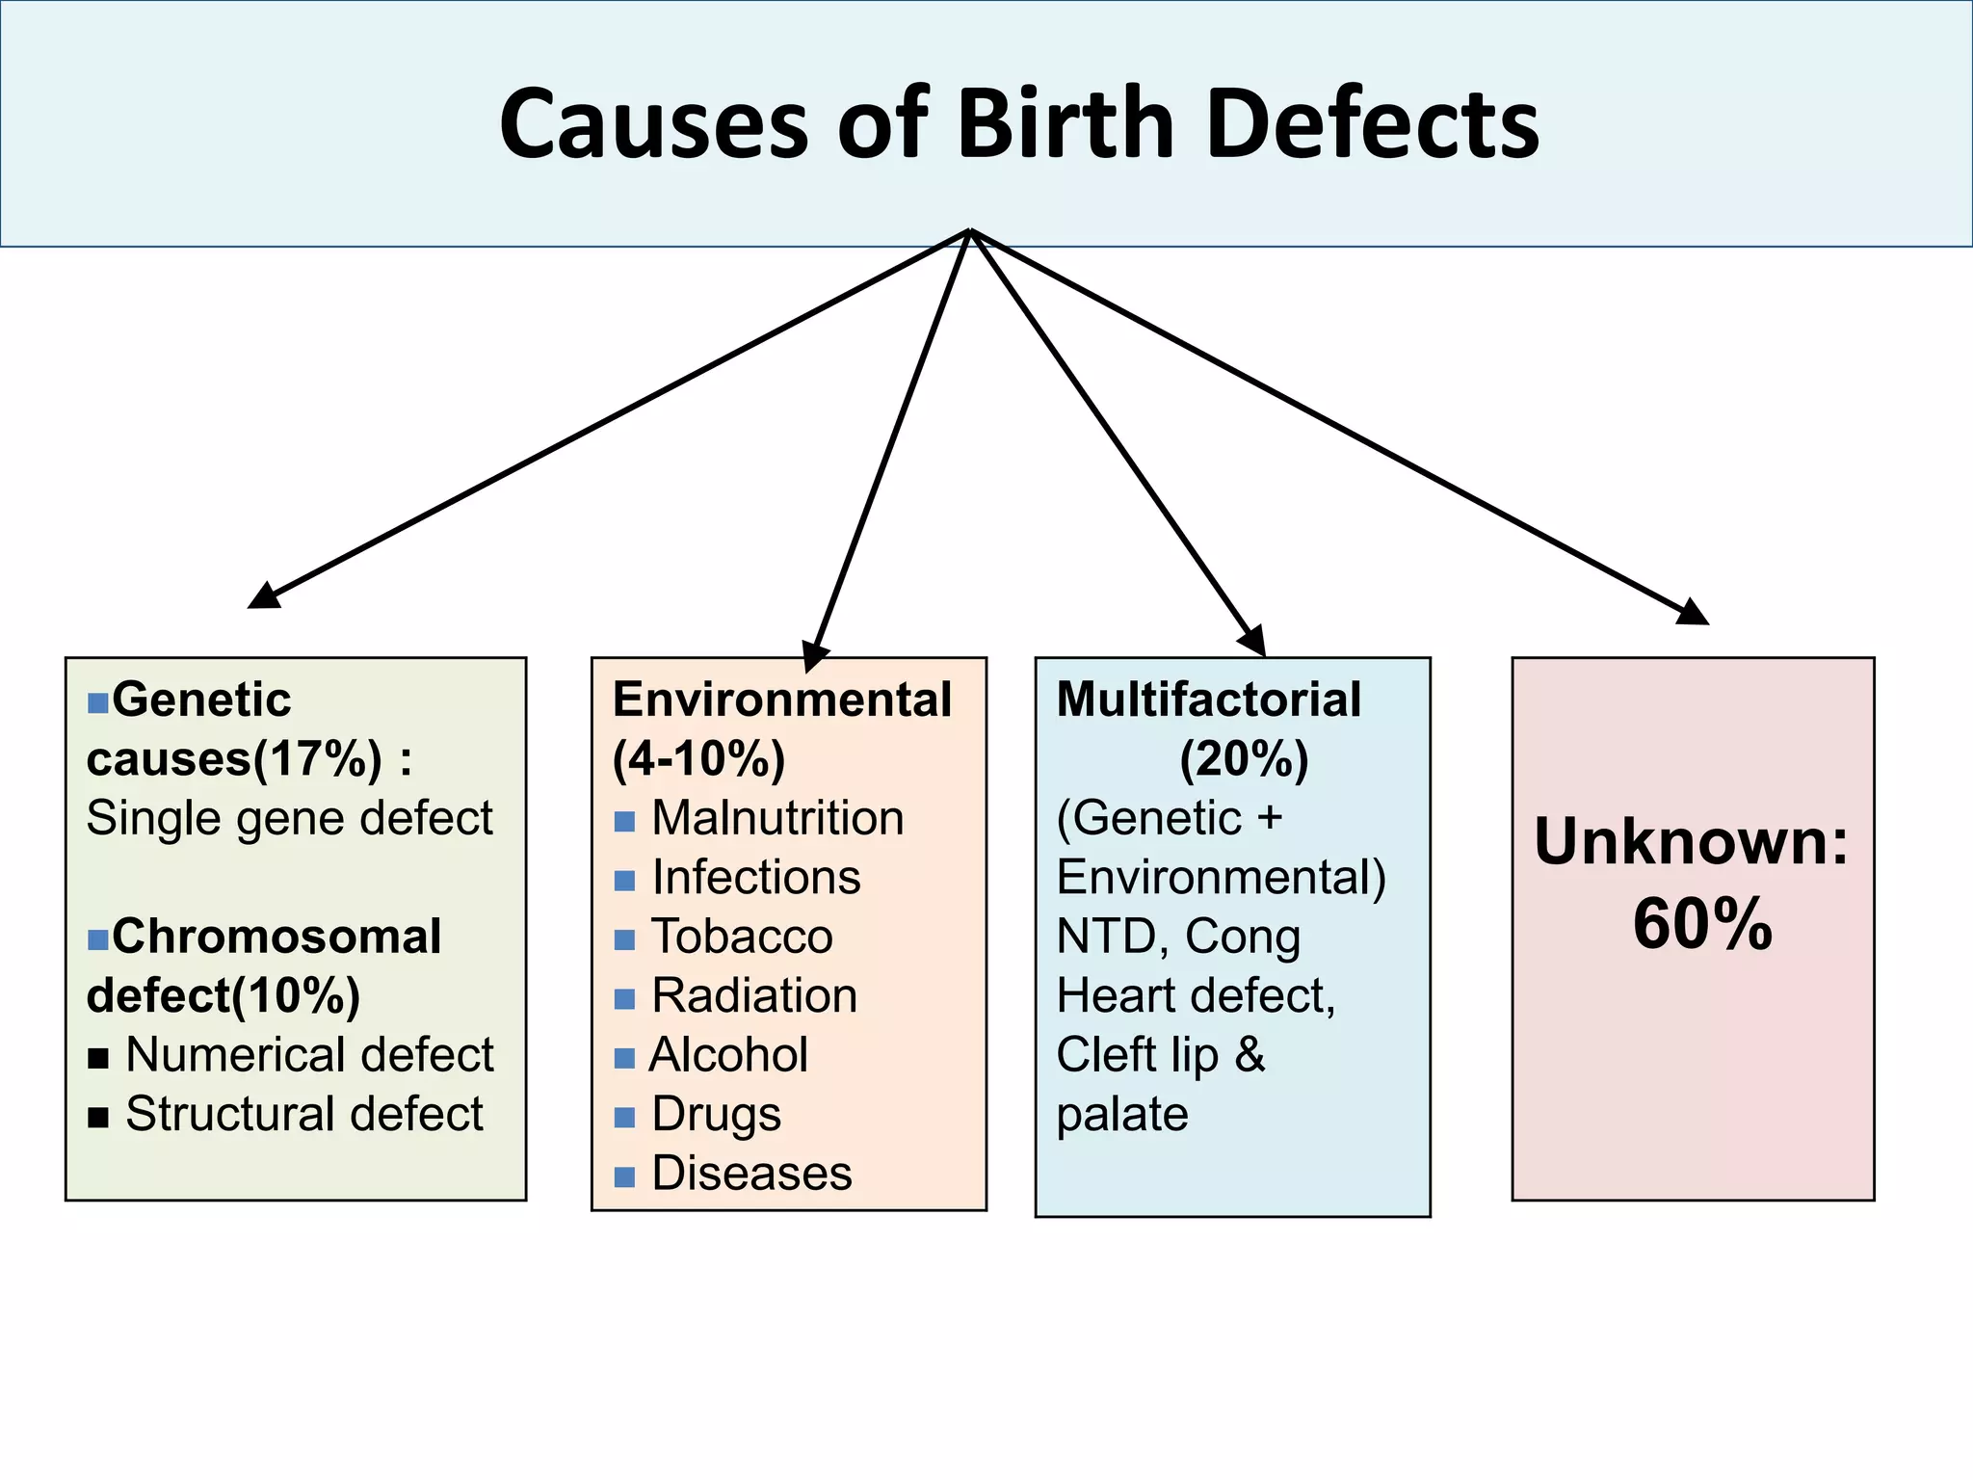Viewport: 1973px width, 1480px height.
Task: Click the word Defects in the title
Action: point(1372,125)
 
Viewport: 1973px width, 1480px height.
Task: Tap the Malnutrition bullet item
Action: point(777,819)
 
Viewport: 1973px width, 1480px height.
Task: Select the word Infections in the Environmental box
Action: point(756,878)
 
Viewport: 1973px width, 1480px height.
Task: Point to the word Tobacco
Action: point(742,937)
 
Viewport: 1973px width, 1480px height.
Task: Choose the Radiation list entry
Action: point(754,996)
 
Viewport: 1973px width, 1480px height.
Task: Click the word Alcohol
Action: point(729,1055)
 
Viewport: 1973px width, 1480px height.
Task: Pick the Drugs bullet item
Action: point(716,1115)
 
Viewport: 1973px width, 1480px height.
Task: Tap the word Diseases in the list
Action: point(751,1174)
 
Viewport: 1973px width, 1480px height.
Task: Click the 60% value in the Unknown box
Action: point(1702,925)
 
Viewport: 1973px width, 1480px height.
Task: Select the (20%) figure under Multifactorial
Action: point(1244,759)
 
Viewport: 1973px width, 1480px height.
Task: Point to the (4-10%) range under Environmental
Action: point(698,759)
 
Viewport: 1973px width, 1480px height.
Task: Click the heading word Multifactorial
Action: point(1209,700)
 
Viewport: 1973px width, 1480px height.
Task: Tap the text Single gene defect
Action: point(289,819)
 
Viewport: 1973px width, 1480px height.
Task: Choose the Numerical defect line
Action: point(309,1055)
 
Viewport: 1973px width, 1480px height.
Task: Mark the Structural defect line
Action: point(303,1115)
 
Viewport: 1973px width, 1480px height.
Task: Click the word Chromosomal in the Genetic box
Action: point(276,937)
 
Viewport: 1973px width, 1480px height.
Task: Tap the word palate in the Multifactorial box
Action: point(1122,1115)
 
